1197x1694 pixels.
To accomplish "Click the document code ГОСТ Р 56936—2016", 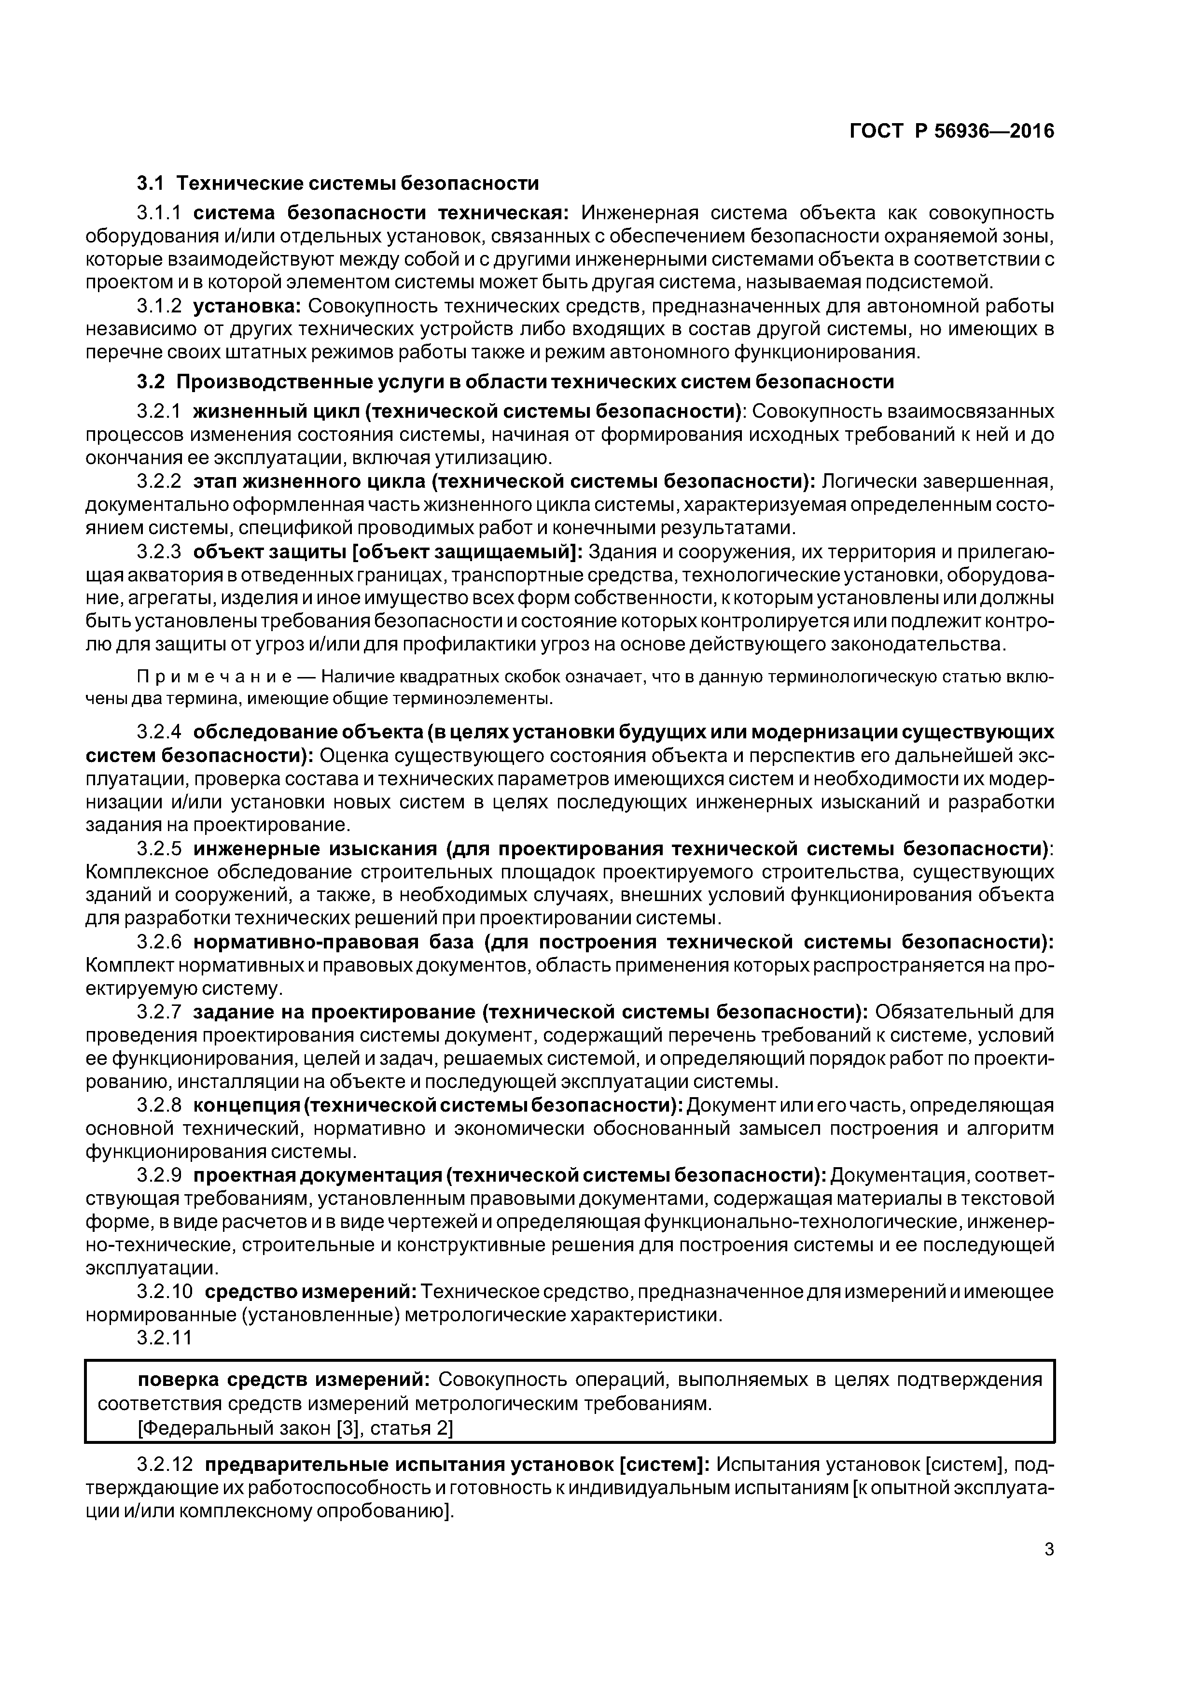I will (x=951, y=131).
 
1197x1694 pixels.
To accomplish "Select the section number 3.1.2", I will (x=159, y=306).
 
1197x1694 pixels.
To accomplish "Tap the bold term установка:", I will (x=247, y=306).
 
